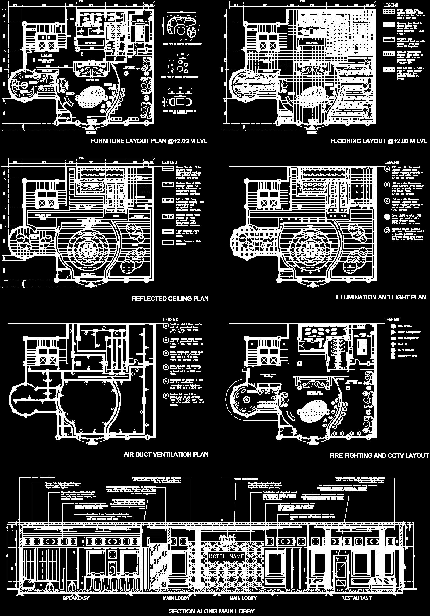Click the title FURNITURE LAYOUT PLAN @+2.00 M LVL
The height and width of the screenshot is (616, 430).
(149, 141)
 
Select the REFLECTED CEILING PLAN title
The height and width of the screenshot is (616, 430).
(170, 299)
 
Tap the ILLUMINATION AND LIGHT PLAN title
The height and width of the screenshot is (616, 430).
(381, 297)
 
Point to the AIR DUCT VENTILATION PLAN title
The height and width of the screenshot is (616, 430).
(166, 454)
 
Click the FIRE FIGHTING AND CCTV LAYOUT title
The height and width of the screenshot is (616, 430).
(379, 455)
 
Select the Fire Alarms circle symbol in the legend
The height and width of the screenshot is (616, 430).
(393, 326)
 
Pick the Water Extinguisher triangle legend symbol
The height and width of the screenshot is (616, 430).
(393, 332)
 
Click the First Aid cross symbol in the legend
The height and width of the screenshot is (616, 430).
(393, 344)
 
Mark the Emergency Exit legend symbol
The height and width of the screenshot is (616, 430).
(393, 356)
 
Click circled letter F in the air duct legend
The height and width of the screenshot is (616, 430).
(166, 395)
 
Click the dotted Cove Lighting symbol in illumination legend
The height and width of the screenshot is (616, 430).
(387, 217)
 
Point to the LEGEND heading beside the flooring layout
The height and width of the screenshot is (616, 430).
(391, 5)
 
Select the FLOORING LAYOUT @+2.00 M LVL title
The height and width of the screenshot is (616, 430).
(378, 141)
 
